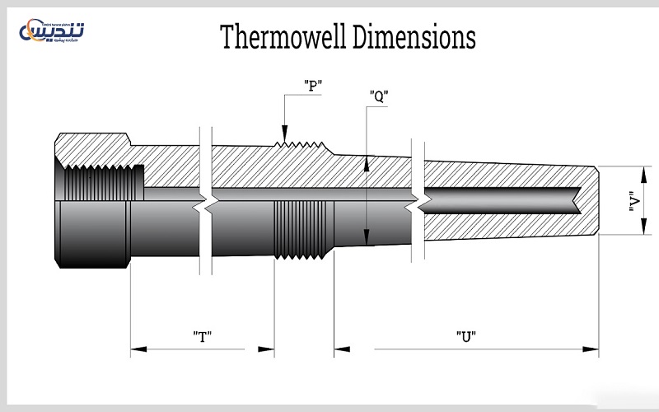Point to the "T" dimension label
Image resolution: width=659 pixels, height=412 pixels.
coord(203,335)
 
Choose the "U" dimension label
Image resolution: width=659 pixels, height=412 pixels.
coord(466,335)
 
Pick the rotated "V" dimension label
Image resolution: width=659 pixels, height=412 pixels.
coord(633,203)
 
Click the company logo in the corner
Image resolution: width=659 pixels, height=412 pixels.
coord(56,30)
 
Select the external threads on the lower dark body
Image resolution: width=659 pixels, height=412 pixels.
coord(301,229)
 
